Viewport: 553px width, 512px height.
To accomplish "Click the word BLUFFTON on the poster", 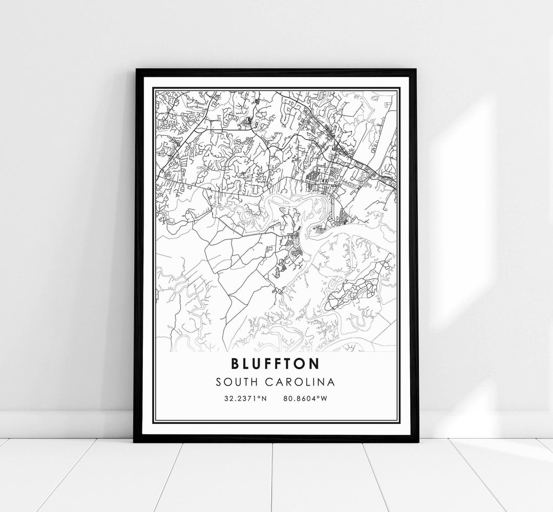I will point(275,364).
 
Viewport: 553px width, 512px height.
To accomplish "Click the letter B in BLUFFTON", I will point(236,364).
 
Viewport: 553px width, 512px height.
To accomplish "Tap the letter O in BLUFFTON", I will point(303,364).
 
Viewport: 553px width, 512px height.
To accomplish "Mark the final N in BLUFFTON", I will point(315,364).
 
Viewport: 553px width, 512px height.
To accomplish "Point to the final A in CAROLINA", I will point(332,382).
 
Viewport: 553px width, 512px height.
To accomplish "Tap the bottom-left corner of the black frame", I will point(135,441).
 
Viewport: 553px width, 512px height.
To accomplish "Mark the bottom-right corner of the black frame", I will point(418,441).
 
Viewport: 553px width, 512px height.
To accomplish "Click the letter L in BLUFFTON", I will point(247,364).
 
